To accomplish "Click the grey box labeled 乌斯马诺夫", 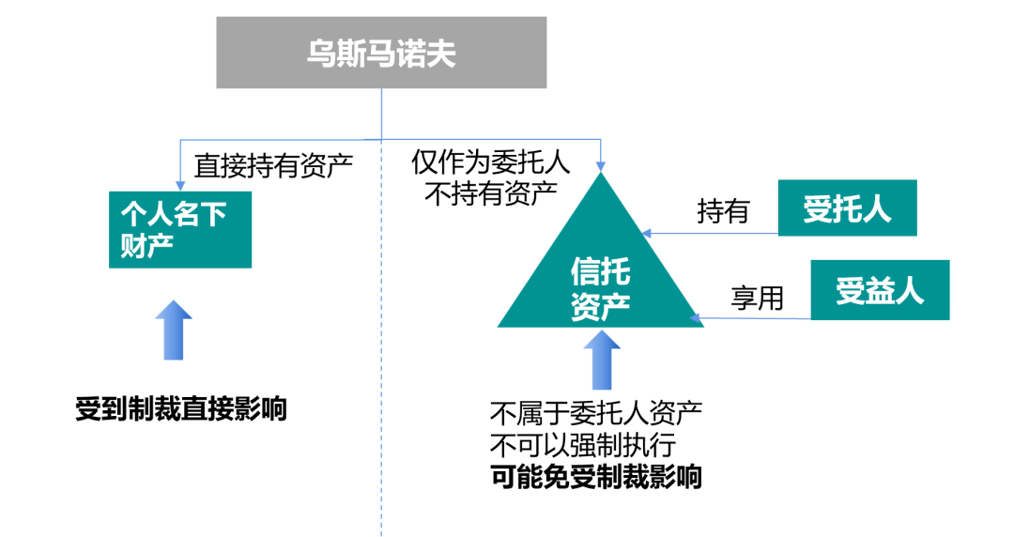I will pos(381,53).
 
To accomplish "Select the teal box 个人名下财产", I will pos(180,229).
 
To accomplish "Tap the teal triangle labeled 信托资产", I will pos(601,282).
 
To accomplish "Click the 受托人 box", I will pos(847,209).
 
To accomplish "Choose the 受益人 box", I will pos(880,290).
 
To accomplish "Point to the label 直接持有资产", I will pos(273,166).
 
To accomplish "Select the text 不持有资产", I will pos(491,192).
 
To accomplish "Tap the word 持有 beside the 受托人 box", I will pos(723,212).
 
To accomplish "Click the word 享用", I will pos(757,298).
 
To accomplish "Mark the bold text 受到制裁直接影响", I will pos(181,410).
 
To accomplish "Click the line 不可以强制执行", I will pos(582,444).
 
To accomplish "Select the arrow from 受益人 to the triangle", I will pos(751,319).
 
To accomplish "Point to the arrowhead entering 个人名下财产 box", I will pos(178,183).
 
